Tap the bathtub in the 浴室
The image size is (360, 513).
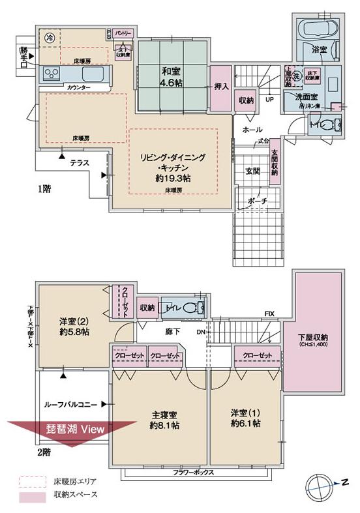318,29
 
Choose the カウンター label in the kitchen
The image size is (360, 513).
78,87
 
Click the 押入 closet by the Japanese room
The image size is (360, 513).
220,86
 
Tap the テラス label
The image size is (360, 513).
80,165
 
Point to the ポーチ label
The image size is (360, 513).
257,201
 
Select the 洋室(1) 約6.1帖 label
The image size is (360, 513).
245,418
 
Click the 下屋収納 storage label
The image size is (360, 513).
318,340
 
